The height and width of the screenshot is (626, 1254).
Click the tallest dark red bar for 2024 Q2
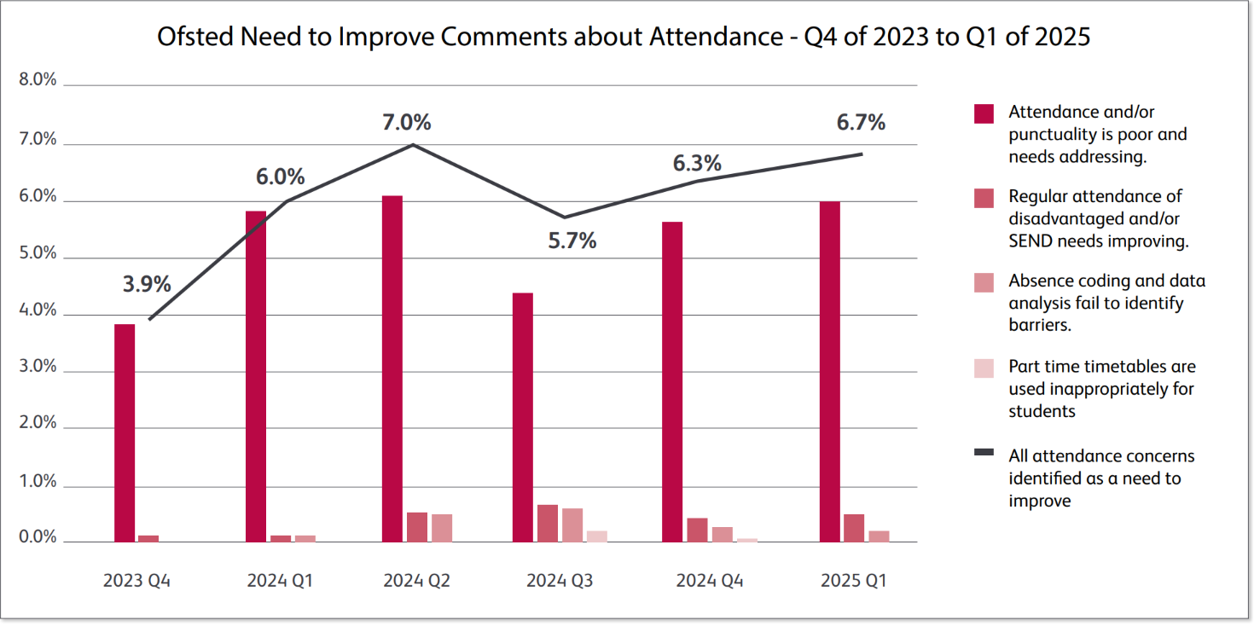pos(392,368)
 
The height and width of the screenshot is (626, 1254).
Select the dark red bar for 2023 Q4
pos(125,432)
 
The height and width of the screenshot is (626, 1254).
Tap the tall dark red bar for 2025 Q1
pos(829,371)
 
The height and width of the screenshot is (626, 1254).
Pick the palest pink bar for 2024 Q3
pos(597,536)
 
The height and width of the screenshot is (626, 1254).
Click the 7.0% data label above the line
pos(406,122)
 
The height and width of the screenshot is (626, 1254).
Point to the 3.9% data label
pos(147,284)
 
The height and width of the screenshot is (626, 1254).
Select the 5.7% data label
pos(572,241)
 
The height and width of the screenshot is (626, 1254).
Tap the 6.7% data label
pos(861,123)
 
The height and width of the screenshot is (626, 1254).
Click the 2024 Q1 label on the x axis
pos(280,582)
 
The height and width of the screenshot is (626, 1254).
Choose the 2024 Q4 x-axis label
pos(710,582)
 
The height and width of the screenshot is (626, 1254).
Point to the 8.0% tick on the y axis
pos(38,81)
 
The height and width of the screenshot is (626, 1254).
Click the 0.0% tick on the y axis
pos(38,538)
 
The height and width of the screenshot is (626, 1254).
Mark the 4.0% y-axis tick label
pos(38,311)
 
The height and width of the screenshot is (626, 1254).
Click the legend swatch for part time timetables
pos(984,368)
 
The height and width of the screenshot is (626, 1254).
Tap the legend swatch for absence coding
pos(984,283)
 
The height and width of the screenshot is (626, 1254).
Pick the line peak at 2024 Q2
pos(414,144)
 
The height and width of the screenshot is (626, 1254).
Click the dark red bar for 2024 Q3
pos(523,417)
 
